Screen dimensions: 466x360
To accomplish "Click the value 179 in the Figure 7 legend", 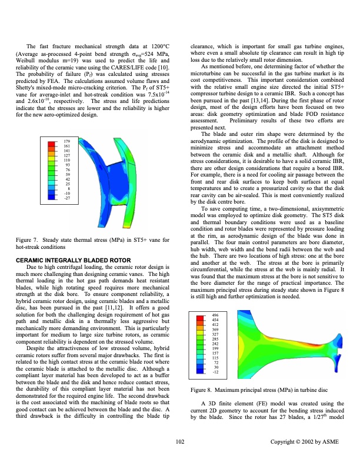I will [67, 142].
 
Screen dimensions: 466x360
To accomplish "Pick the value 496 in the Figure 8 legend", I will [215, 316].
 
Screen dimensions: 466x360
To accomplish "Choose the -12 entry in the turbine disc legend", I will [215, 372].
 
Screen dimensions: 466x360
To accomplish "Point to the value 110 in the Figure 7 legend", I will [67, 160].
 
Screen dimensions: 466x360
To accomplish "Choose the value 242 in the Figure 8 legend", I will [215, 344].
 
